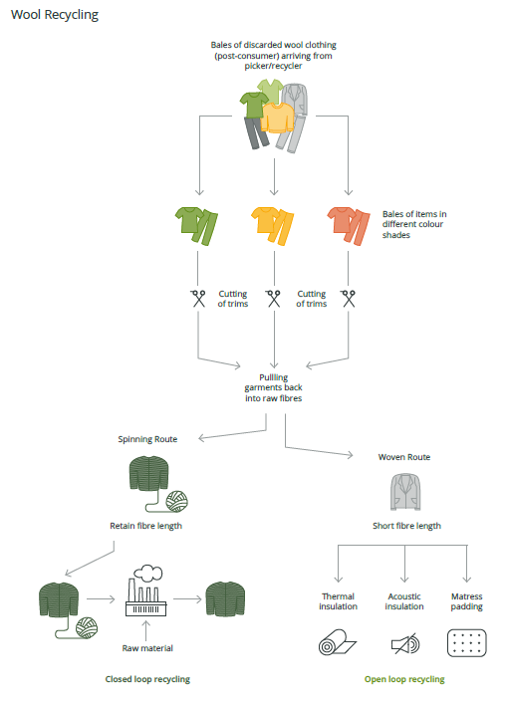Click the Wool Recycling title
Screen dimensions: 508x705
click(55, 15)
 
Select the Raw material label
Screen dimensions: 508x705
click(147, 648)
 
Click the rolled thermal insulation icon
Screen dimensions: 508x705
click(337, 642)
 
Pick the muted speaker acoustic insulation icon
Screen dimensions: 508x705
click(405, 643)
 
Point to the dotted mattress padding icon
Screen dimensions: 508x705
click(466, 643)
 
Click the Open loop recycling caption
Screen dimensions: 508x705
click(404, 679)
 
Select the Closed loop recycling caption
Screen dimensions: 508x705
click(147, 679)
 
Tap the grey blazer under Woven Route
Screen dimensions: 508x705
click(405, 492)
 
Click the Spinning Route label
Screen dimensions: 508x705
click(147, 439)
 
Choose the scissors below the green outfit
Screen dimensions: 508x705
click(198, 298)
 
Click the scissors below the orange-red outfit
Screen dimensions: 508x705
click(349, 298)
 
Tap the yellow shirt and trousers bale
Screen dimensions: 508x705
click(272, 226)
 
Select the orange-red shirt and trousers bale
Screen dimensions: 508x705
click(349, 226)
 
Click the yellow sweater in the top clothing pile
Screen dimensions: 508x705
click(277, 117)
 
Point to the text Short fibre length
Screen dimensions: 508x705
click(406, 526)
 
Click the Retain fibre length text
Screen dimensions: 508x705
click(145, 526)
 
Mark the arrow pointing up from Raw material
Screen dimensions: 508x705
click(145, 630)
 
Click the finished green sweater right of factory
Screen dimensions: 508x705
click(225, 598)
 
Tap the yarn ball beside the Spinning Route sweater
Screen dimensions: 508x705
click(177, 501)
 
